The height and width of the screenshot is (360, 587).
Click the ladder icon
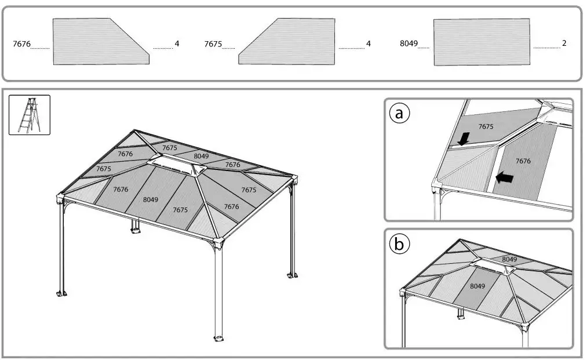tap(30, 115)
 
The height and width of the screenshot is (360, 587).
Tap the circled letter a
tap(399, 113)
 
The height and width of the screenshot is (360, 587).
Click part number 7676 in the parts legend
tap(21, 44)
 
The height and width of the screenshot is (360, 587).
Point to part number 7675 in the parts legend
tap(213, 44)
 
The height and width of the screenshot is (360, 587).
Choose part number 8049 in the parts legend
tap(409, 44)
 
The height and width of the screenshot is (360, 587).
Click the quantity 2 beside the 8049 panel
tap(564, 43)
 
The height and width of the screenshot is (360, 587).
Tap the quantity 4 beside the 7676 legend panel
tap(177, 43)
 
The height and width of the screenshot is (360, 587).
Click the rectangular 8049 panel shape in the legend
tap(482, 42)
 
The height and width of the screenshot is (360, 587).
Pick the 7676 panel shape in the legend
tap(99, 42)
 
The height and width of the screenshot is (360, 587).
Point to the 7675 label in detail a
tap(486, 126)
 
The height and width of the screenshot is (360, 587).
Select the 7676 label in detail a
tap(523, 161)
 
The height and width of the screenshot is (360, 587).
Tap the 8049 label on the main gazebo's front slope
tap(150, 199)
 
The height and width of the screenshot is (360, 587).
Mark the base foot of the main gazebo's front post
tap(219, 339)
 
